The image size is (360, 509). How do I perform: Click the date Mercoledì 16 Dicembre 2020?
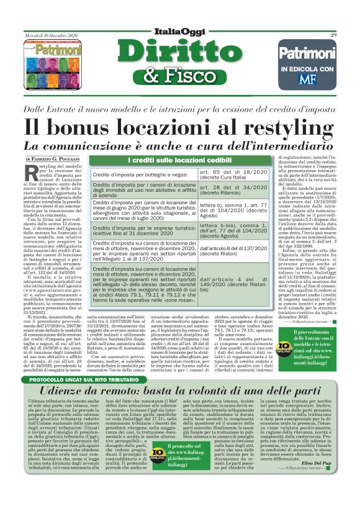pos(48,35)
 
